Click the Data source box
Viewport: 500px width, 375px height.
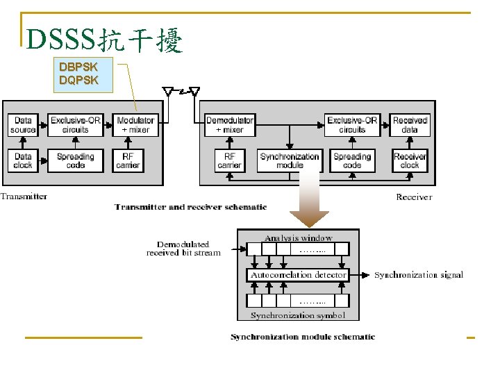23,125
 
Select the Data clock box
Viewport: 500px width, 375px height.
23,160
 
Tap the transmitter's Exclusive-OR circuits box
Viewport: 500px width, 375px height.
75,125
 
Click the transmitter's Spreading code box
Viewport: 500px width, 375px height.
75,160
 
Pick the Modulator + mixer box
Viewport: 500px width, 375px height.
135,125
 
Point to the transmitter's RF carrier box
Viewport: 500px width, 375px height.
128,160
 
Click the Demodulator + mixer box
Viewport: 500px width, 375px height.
230,125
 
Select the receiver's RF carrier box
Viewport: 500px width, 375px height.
230,160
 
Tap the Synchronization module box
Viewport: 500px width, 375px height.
290,160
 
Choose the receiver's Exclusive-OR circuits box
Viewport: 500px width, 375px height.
352,125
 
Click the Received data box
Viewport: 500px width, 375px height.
410,125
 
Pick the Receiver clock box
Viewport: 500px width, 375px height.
410,160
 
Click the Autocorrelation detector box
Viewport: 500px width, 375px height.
299,275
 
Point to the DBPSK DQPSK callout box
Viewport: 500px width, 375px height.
78,74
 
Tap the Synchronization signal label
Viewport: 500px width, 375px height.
419,275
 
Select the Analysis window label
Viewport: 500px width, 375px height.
299,237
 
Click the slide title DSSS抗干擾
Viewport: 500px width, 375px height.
104,42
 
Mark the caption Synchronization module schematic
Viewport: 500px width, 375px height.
303,337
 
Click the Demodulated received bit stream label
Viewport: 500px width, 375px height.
183,249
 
